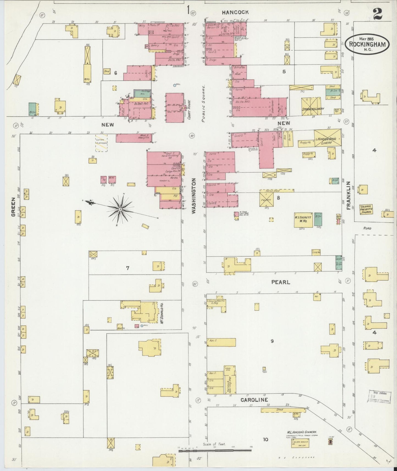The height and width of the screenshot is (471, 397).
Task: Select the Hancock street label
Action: pyautogui.click(x=235, y=12)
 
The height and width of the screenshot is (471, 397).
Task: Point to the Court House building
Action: pyautogui.click(x=174, y=107)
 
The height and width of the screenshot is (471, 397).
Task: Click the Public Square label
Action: pyautogui.click(x=204, y=103)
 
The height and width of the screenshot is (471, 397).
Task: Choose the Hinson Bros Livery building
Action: pyautogui.click(x=328, y=138)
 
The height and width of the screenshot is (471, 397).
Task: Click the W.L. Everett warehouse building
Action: pyautogui.click(x=303, y=220)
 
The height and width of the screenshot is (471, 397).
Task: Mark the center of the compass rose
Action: pyautogui.click(x=120, y=210)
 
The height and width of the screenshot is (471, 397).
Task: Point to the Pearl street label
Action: pyautogui.click(x=281, y=282)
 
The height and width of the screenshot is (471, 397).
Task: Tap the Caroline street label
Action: pyautogui.click(x=254, y=400)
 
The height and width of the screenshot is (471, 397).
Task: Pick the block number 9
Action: pyautogui.click(x=272, y=341)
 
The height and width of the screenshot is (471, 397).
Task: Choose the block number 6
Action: pyautogui.click(x=116, y=73)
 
